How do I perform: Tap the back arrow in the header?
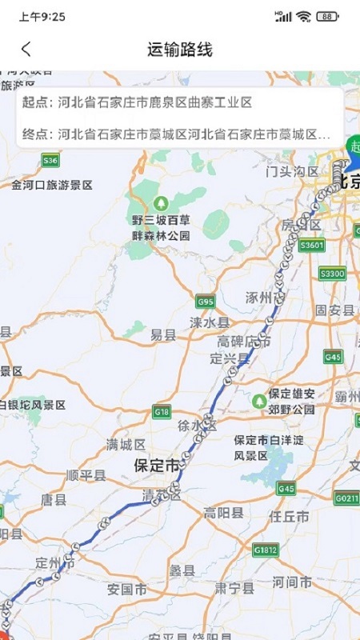coord(26,49)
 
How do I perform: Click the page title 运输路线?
coord(180,49)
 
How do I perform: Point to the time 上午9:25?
coord(42,16)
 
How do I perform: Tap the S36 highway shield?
coord(50,161)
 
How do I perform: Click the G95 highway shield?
coord(206,302)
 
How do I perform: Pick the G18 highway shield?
coord(162,411)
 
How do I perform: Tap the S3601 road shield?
coord(311,245)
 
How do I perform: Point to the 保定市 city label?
coord(156,465)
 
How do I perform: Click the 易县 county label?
coord(163,336)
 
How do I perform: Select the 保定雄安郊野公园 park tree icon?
coord(260,399)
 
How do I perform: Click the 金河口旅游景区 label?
coord(52,185)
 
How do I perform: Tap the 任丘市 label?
coord(290,517)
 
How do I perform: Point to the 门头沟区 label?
coord(292,171)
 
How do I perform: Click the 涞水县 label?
coord(210,322)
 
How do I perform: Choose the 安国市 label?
coord(126,589)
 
